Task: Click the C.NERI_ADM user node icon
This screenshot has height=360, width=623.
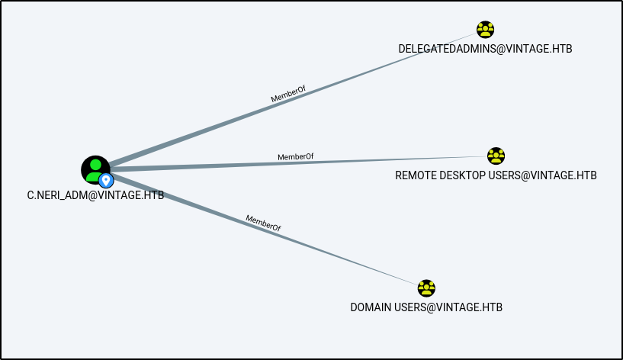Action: coord(95,169)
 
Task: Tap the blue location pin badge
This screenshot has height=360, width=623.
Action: coord(106,180)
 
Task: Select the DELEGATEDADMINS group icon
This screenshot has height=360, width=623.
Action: coord(485,30)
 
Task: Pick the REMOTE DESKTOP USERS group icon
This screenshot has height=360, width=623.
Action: coord(496,156)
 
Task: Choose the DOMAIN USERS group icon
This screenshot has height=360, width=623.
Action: coord(426,288)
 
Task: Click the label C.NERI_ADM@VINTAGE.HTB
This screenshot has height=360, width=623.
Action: coord(95,195)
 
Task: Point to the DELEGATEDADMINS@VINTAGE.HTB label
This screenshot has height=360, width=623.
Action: coord(485,49)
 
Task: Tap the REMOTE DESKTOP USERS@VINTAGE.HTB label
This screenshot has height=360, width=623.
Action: coord(496,175)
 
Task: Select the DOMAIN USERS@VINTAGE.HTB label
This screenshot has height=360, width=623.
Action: coord(426,307)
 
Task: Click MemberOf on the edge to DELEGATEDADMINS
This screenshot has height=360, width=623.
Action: coord(287,94)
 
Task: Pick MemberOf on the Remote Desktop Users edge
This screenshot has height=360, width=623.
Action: coord(295,157)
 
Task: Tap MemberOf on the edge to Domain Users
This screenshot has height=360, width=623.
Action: coord(263,223)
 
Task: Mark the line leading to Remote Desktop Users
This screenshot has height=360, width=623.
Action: coord(381,160)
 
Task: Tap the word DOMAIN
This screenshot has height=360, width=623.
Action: coord(371,307)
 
